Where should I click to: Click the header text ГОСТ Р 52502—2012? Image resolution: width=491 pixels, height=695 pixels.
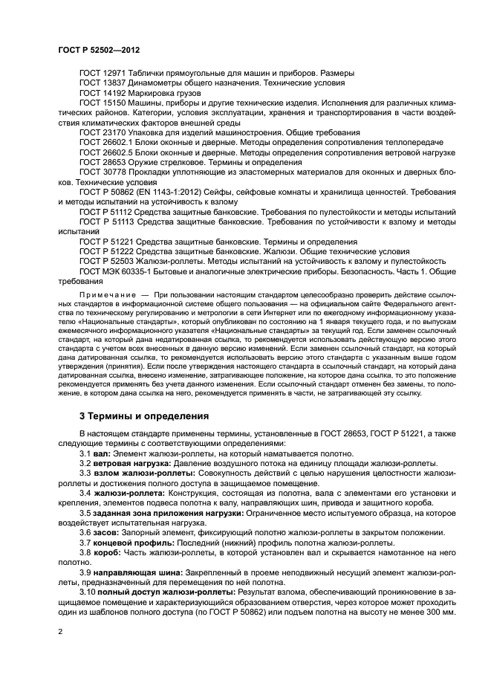(99, 49)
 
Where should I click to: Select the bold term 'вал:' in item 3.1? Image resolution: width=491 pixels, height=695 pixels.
(100, 453)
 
